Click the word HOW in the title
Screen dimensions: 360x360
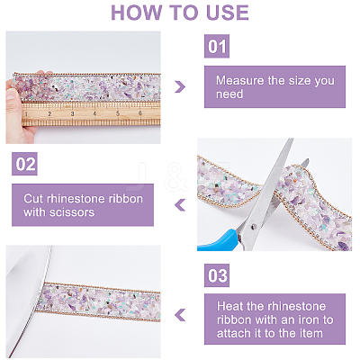(x=137, y=13)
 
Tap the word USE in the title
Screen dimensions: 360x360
(x=228, y=13)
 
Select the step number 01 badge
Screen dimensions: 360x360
(x=217, y=46)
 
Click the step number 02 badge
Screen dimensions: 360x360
(x=24, y=164)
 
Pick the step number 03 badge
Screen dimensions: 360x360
(x=217, y=275)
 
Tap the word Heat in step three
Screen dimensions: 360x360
(x=229, y=306)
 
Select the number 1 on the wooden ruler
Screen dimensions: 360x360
(x=26, y=114)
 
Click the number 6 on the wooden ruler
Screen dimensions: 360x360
(x=140, y=113)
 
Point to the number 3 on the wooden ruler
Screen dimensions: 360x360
(x=72, y=113)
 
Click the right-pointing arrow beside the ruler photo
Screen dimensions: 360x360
(x=180, y=86)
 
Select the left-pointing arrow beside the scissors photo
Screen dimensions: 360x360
(x=180, y=205)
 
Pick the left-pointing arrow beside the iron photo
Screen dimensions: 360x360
(x=180, y=315)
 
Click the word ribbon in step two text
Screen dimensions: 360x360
(x=124, y=199)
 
